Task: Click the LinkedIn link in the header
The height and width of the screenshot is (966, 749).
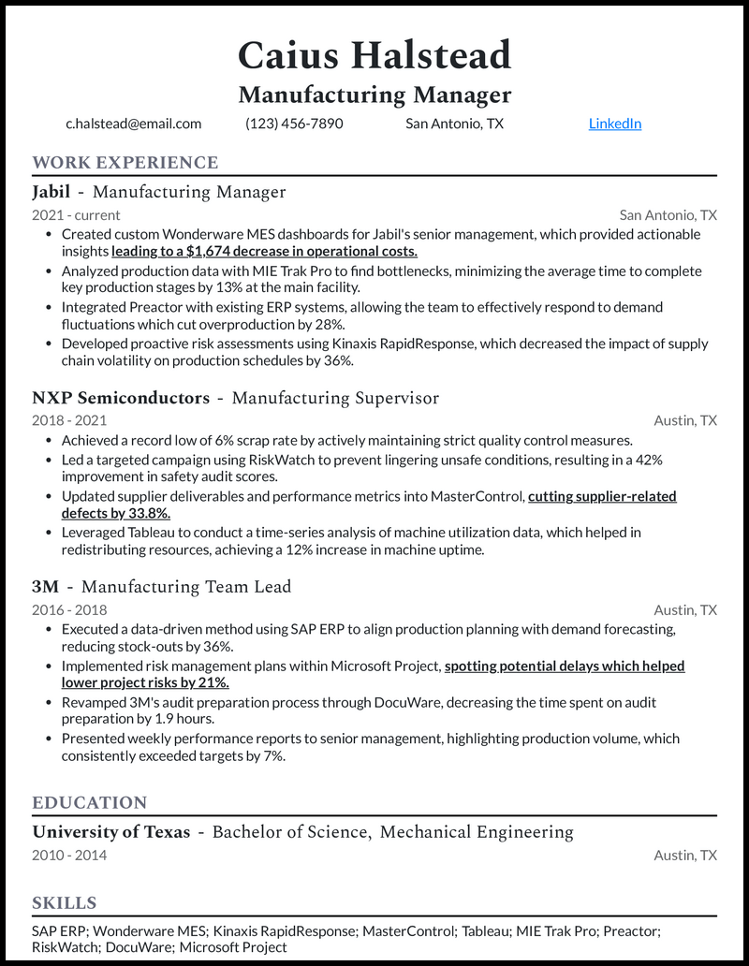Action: tap(614, 124)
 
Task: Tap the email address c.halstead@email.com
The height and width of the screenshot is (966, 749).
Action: tap(134, 124)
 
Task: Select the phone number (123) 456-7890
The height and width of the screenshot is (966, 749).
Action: tap(294, 124)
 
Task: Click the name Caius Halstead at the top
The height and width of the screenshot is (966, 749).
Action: tap(374, 55)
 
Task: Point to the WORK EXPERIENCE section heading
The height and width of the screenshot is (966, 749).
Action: tap(125, 163)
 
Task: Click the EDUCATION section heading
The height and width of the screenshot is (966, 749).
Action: tap(90, 803)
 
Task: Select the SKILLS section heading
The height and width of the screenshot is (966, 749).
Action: tap(65, 903)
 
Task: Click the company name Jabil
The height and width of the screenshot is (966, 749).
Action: tap(51, 192)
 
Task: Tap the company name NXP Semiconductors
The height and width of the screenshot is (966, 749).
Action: tap(121, 398)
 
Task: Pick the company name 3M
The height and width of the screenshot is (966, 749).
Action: tap(46, 587)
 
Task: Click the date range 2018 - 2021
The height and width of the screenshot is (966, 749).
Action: tap(69, 420)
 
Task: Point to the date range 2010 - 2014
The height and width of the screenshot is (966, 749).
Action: tap(69, 855)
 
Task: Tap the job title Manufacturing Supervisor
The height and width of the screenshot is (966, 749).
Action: tap(335, 398)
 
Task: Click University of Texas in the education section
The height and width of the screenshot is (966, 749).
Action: tap(111, 832)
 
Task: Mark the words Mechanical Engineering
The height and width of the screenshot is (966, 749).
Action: tap(477, 832)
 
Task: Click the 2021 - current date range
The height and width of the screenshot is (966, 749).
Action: tap(76, 214)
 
